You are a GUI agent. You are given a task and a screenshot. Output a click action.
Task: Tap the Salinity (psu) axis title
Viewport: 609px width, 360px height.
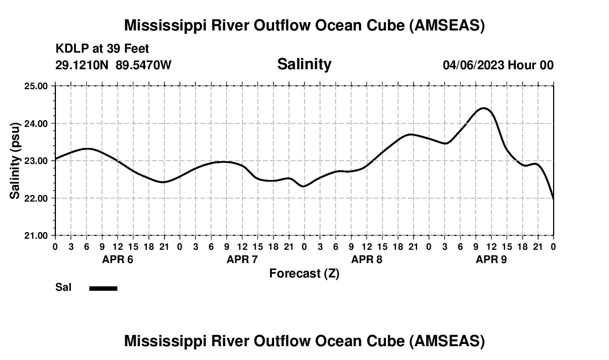tap(16, 161)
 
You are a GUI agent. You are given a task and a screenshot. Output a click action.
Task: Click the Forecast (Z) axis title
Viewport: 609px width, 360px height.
tap(304, 274)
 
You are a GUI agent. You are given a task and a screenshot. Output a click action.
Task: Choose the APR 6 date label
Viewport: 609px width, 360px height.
tap(117, 259)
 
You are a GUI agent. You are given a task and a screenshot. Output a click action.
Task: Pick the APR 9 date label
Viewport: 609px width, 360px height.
tap(491, 259)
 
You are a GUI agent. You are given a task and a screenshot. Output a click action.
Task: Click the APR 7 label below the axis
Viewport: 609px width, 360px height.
tap(242, 259)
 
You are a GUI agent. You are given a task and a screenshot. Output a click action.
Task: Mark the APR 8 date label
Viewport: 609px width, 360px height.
tap(367, 259)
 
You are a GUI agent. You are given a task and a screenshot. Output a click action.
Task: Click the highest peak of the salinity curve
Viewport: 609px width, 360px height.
tap(484, 108)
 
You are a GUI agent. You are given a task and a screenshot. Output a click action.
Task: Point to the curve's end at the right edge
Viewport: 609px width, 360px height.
tap(553, 198)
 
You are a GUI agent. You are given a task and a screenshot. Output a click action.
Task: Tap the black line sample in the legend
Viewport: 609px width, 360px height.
tap(104, 288)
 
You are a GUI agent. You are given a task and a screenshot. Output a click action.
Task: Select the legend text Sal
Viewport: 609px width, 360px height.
tap(63, 287)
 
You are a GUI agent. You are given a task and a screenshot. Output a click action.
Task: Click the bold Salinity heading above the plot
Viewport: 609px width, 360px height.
tap(304, 64)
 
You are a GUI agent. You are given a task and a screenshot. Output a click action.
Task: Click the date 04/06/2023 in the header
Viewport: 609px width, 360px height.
tap(473, 65)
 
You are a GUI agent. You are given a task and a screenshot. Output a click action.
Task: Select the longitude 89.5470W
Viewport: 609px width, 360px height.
tap(143, 65)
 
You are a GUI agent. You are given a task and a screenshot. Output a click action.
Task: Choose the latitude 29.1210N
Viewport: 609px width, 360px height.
tap(82, 65)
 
